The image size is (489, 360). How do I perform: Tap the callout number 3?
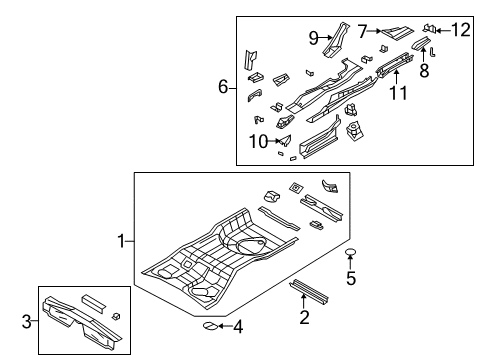click(27, 320)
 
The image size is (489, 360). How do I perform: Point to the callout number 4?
click(237, 325)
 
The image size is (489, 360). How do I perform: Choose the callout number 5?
click(350, 278)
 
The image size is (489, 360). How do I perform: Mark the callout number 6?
click(224, 87)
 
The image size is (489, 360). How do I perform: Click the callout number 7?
click(362, 31)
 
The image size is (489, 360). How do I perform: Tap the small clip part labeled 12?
click(431, 28)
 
